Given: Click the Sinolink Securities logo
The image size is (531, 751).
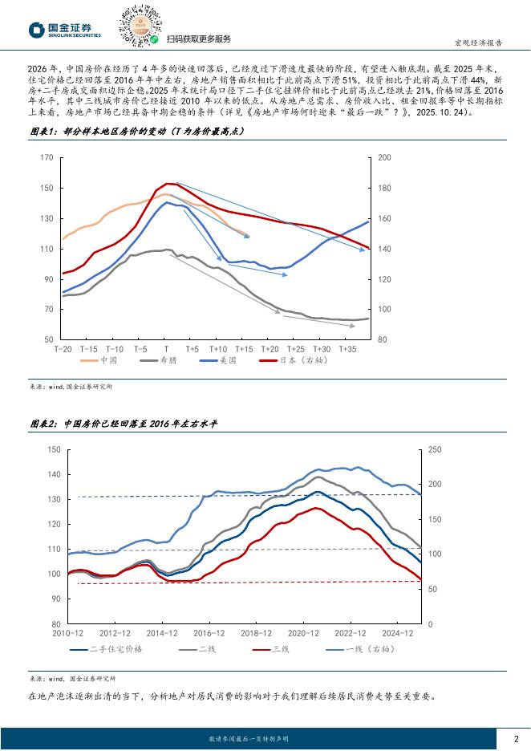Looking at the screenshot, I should (65, 29).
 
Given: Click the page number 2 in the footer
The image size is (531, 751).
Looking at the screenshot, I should (516, 737).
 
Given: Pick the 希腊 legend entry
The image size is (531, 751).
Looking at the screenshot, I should (171, 360).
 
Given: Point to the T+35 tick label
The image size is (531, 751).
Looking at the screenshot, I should (347, 349).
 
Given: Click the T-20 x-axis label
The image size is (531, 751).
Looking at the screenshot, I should (63, 349).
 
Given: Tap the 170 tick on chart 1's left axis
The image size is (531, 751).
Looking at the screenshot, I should (47, 158).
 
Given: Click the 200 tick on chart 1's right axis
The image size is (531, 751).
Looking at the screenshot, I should (383, 158).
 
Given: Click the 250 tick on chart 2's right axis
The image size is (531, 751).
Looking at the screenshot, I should (435, 449).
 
